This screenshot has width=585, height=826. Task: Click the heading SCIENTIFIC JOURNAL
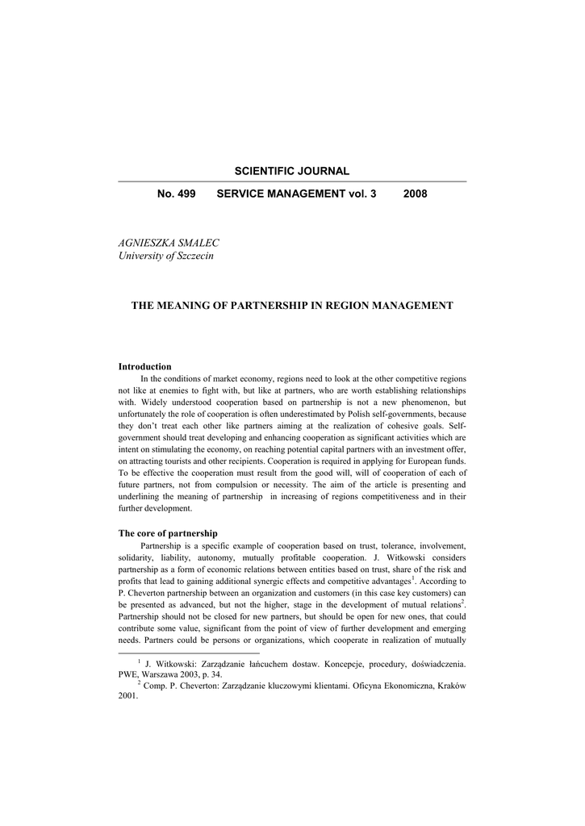(x=292, y=171)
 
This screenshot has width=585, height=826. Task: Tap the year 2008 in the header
(x=415, y=194)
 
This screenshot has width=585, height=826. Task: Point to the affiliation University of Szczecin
(x=165, y=256)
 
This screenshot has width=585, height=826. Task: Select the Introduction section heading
(x=145, y=366)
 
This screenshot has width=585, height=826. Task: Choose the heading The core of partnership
(x=168, y=533)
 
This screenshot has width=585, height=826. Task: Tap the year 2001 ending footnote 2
(x=127, y=697)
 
